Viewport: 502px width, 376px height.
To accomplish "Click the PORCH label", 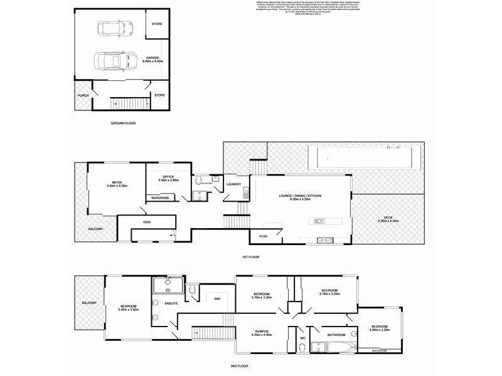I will point(83,96).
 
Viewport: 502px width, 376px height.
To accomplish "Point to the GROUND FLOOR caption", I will point(123,123).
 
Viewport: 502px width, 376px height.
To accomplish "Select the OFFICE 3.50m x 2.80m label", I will point(168,179).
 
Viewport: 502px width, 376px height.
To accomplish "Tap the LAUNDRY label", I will point(234,184).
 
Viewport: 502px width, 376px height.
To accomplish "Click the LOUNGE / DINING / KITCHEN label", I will point(301,197).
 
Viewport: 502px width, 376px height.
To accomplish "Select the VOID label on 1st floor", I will point(147,222).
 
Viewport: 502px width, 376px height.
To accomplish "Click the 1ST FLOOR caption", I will point(250,257).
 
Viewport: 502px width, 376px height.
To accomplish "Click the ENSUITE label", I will point(171,303).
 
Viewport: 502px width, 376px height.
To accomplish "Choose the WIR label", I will point(217,299).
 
